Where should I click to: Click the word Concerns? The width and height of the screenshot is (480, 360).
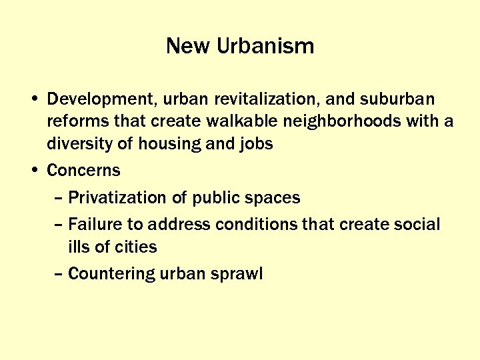[x=84, y=171]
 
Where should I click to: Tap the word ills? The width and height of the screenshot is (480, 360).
[x=79, y=247]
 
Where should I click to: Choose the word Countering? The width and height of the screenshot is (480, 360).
[x=112, y=273]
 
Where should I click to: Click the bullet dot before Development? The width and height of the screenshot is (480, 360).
[x=34, y=99]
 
